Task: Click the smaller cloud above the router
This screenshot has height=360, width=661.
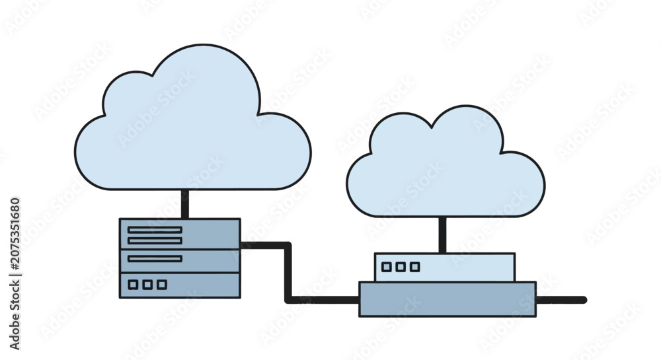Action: click(x=446, y=164)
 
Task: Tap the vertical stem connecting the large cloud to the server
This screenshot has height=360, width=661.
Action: click(x=184, y=204)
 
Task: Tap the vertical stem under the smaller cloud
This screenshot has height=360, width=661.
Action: click(x=442, y=235)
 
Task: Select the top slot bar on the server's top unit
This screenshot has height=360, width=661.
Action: click(x=155, y=230)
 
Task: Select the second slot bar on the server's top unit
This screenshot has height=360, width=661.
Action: click(x=155, y=241)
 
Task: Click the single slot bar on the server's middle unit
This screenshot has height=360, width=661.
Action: click(x=155, y=258)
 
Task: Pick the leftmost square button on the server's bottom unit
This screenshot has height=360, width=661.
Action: click(x=133, y=285)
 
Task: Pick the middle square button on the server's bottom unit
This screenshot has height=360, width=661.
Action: click(x=147, y=285)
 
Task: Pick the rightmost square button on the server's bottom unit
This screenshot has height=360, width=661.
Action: click(x=162, y=285)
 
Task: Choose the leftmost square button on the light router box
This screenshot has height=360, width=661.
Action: click(x=386, y=267)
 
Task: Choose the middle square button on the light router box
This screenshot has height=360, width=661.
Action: click(x=401, y=267)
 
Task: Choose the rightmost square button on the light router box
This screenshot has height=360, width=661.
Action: click(x=415, y=267)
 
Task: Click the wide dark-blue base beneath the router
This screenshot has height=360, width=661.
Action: click(x=447, y=299)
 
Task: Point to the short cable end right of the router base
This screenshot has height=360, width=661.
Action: click(x=561, y=300)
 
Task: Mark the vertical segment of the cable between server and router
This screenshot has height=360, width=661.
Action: click(x=288, y=272)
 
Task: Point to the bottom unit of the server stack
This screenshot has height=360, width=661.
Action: click(x=180, y=285)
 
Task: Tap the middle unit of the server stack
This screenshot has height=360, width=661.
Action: click(x=180, y=261)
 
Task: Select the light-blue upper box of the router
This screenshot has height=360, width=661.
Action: click(x=445, y=268)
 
